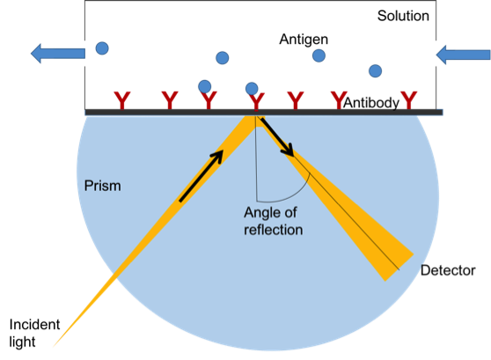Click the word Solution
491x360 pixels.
(x=403, y=16)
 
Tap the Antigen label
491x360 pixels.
(x=304, y=40)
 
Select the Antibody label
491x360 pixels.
(x=371, y=103)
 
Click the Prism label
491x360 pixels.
(x=102, y=186)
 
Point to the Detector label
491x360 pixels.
(x=448, y=270)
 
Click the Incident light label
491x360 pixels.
(x=34, y=333)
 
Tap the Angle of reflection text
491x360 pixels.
(x=273, y=221)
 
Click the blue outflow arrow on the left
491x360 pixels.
(x=58, y=54)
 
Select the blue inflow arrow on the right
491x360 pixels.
(x=463, y=55)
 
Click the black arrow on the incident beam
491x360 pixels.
(x=201, y=176)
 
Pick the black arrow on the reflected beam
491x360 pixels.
(x=277, y=136)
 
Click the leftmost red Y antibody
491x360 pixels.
(x=121, y=100)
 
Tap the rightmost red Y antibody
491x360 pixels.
(x=409, y=100)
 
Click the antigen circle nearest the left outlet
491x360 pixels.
(x=102, y=48)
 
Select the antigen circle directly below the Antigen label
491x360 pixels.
(x=319, y=55)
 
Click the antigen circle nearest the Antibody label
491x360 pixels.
(x=375, y=70)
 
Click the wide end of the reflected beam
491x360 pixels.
(x=399, y=268)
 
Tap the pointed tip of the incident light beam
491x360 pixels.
(x=53, y=347)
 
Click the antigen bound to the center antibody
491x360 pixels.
(x=252, y=89)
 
